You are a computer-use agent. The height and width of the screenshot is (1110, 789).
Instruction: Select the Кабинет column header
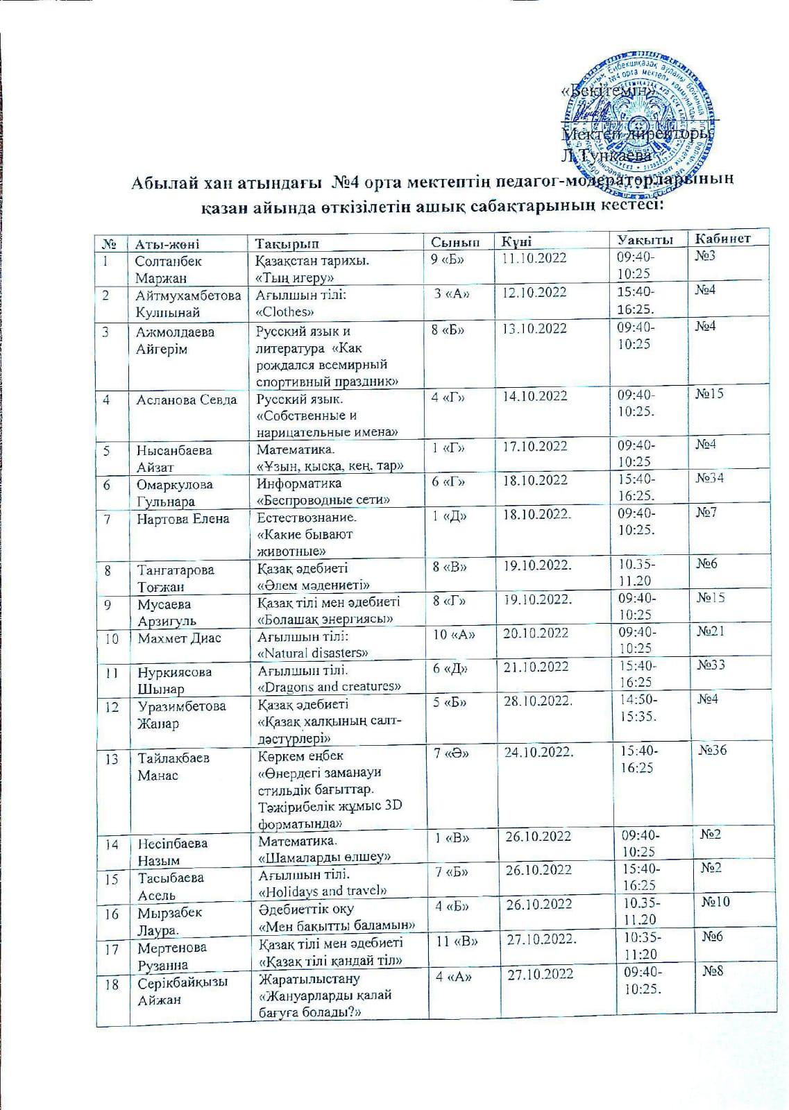720,239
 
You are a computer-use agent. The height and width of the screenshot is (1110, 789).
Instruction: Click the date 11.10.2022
534,258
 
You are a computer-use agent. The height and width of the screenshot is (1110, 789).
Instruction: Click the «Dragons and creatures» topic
329,686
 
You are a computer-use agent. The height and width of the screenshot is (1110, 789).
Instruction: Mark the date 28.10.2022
538,701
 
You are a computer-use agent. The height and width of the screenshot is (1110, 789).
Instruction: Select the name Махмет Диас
179,638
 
